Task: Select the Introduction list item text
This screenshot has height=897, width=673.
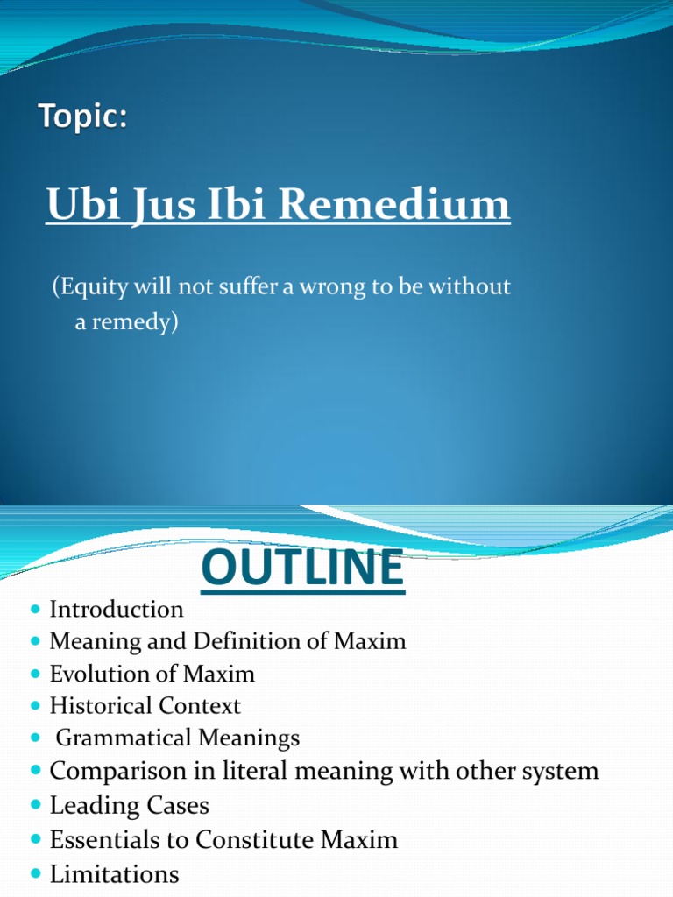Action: tap(117, 609)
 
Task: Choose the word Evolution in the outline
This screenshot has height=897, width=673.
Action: tap(101, 674)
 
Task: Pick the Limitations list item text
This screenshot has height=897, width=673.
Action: tap(114, 873)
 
